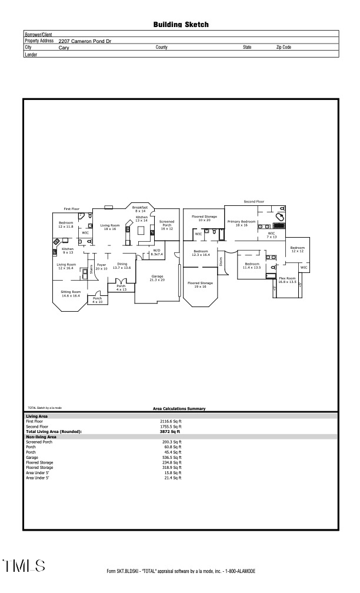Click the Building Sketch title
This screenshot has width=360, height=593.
[x=181, y=25]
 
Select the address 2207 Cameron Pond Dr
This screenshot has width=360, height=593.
[x=88, y=41]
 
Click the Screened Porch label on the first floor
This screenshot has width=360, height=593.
[x=167, y=225]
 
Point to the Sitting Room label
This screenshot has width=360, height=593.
[x=70, y=293]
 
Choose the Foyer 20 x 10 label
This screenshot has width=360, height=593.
[x=101, y=266]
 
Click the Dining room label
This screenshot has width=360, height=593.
[x=122, y=266]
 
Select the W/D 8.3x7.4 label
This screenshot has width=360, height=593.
[x=156, y=252]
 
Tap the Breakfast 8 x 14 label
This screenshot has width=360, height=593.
[x=139, y=209]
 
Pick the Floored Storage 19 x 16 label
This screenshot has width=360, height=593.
[x=200, y=285]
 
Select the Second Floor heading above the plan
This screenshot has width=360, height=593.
[x=254, y=202]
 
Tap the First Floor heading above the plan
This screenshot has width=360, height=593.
[x=72, y=209]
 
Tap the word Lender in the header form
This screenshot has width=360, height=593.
[x=31, y=54]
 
